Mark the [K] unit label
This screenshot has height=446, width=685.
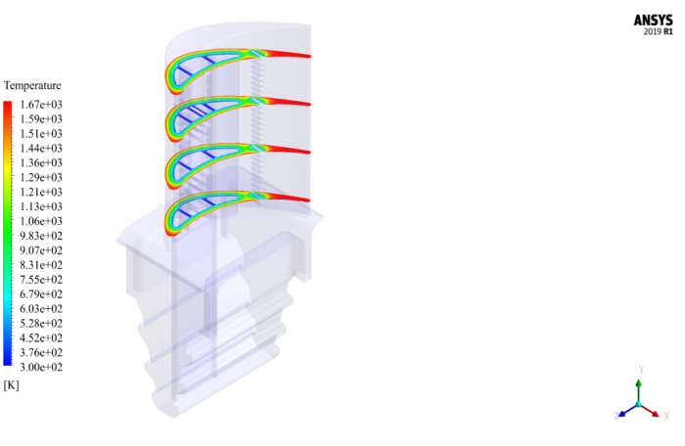[x=12, y=385]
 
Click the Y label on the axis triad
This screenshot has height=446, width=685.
[x=640, y=371]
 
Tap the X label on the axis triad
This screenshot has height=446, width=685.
[x=665, y=416]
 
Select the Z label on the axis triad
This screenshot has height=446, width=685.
[x=616, y=416]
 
